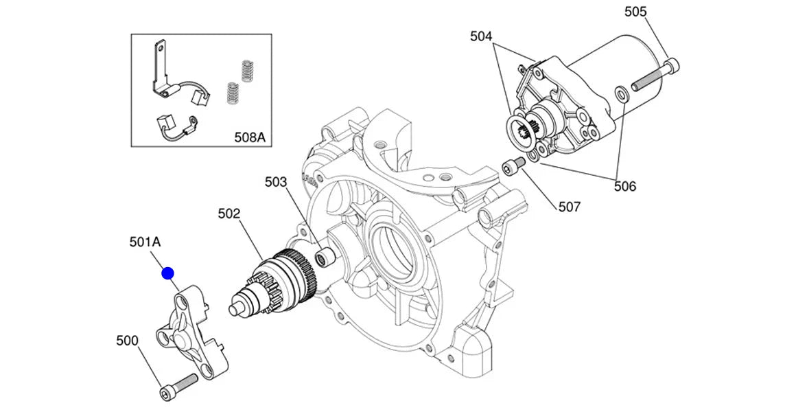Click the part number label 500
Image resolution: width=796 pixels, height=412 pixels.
click(128, 341)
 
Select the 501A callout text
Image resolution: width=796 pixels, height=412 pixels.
click(145, 242)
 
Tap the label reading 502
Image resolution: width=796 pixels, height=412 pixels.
click(229, 214)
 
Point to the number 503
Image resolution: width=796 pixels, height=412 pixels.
click(277, 182)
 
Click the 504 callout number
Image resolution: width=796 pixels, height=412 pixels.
click(481, 36)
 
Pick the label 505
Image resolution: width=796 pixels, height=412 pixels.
click(635, 12)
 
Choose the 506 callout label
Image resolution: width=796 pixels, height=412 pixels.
click(624, 186)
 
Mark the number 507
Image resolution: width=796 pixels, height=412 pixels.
click(569, 207)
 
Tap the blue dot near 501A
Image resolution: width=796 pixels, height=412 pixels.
click(168, 273)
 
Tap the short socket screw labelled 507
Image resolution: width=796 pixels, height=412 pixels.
click(513, 166)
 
